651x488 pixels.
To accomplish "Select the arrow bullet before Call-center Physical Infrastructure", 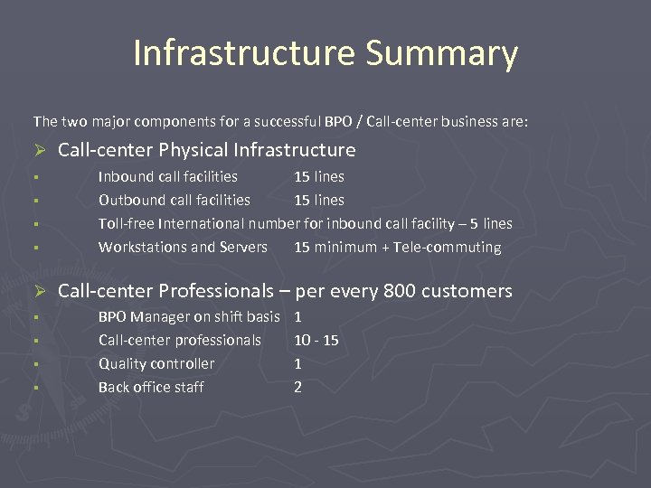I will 40,150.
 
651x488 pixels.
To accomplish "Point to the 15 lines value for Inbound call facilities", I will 319,176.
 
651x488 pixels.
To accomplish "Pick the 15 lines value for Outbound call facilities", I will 319,200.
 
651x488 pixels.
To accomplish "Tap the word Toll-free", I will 126,223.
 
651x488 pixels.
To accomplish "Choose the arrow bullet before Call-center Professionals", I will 40,291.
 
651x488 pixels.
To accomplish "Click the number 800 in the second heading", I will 401,291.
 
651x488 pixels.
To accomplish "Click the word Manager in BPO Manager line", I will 161,316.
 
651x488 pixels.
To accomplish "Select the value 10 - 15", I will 316,340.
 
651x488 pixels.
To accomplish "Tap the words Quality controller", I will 156,363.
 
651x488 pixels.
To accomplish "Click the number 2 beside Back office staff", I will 298,387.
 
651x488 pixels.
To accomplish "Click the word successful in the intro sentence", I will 282,120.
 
